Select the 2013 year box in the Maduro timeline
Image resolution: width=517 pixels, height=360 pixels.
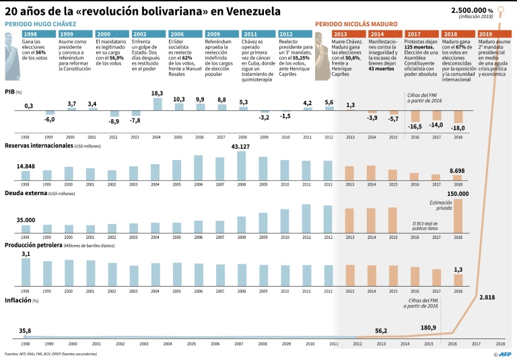[341, 34]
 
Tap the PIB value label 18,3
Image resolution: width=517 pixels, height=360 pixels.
[158, 94]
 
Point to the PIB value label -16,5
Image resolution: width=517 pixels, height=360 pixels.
[415, 127]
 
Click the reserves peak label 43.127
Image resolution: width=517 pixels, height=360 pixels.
[241, 146]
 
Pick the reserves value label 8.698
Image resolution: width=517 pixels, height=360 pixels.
[456, 172]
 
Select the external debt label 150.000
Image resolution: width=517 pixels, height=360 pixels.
[458, 194]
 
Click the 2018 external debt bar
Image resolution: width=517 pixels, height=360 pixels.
[458, 215]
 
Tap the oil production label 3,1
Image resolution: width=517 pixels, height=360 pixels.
[26, 254]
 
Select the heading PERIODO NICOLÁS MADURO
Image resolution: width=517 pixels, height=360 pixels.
[357, 24]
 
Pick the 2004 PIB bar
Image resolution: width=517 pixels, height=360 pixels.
[158, 104]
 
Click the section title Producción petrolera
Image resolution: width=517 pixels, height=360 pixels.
[34, 246]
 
